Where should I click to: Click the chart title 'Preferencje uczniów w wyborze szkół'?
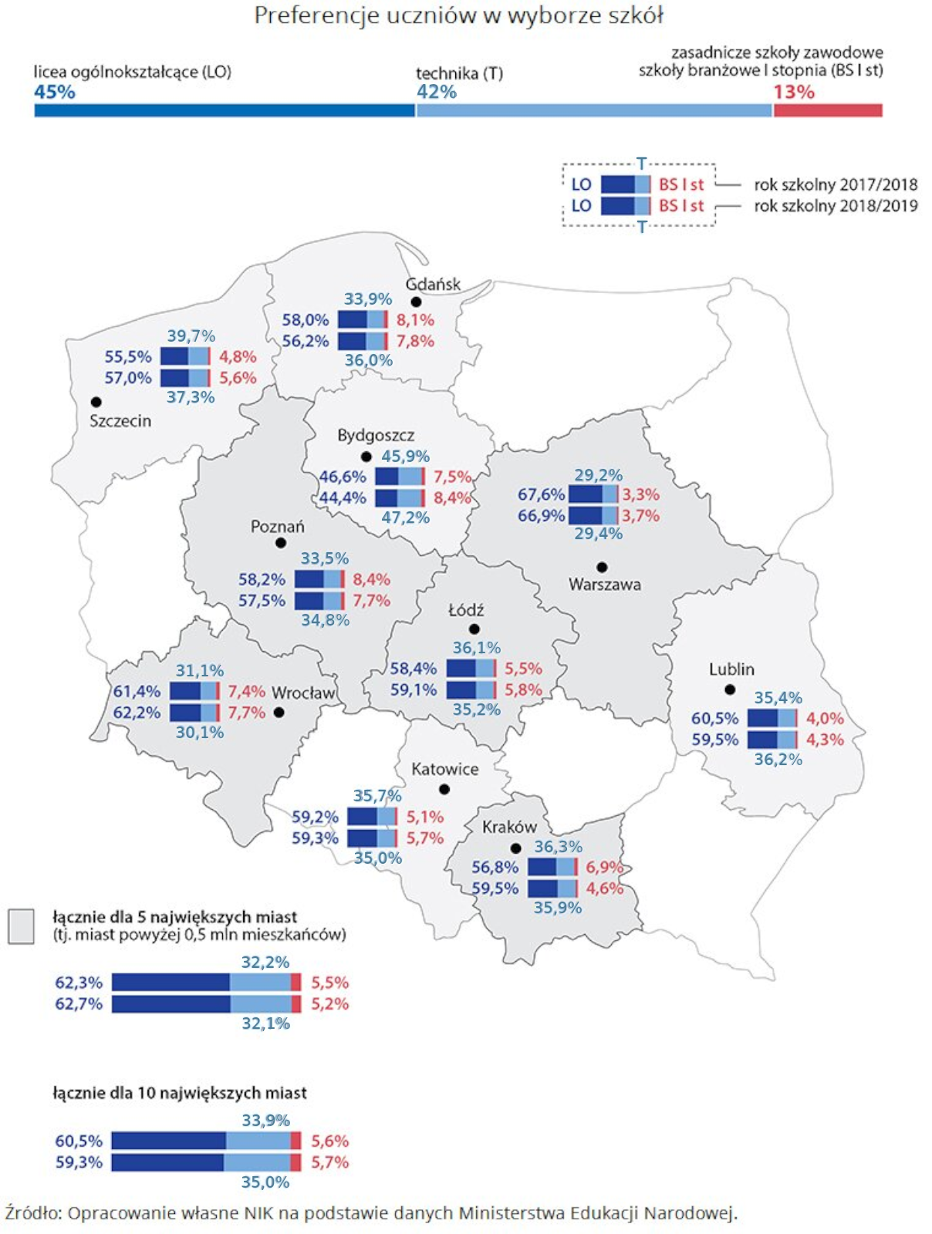pos(458,15)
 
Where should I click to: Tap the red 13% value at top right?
pos(794,92)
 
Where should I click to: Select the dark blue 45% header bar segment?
pos(225,110)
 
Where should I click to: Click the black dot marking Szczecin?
pos(96,402)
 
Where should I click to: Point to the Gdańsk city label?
pos(433,284)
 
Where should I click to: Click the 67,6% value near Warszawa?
pos(541,494)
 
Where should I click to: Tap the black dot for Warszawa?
pos(602,567)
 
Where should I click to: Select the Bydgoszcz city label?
pos(376,435)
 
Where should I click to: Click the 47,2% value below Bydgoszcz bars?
pos(405,518)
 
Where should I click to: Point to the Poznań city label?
pos(277,526)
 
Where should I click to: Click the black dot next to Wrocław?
pos(279,712)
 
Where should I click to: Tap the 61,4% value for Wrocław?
pos(137,691)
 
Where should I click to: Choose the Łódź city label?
pos(466,610)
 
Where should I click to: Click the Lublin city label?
pos(731,669)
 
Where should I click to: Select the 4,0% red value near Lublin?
pos(825,718)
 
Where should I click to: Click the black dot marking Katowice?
pos(444,789)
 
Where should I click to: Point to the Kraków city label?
pos(509,827)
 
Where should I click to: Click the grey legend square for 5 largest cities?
pos(21,925)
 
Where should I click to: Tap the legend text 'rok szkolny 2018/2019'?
pos(836,206)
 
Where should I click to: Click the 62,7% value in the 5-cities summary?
pos(79,1003)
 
